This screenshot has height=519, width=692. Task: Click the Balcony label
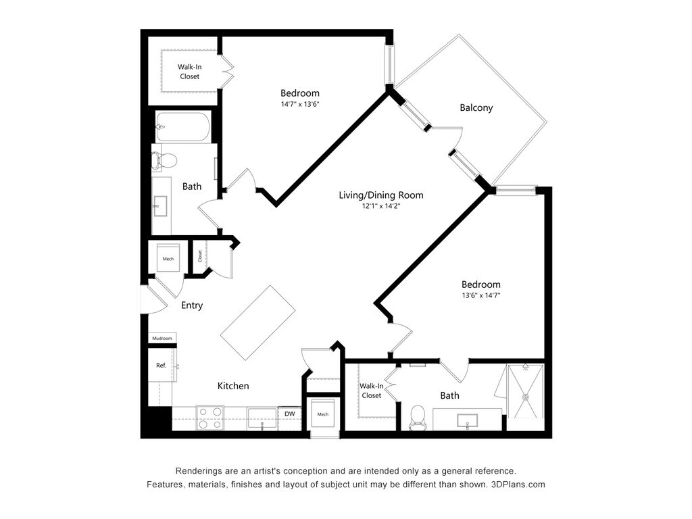pyautogui.click(x=476, y=107)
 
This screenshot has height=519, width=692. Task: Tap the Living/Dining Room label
pyautogui.click(x=381, y=195)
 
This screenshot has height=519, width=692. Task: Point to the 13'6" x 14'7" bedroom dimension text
pyautogui.click(x=481, y=295)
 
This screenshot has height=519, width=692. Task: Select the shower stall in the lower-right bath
pyautogui.click(x=524, y=391)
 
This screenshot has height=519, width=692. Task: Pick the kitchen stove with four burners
pyautogui.click(x=209, y=417)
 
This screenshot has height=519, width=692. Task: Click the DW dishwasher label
pyautogui.click(x=289, y=414)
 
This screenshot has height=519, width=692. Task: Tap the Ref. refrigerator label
pyautogui.click(x=161, y=365)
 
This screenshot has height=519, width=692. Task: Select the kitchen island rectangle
pyautogui.click(x=258, y=322)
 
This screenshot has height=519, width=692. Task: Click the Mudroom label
pyautogui.click(x=162, y=338)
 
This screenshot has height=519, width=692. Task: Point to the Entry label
pyautogui.click(x=192, y=305)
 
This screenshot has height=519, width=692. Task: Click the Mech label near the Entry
pyautogui.click(x=168, y=259)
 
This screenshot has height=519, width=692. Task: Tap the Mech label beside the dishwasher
pyautogui.click(x=322, y=414)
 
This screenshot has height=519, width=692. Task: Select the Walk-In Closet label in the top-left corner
pyautogui.click(x=190, y=72)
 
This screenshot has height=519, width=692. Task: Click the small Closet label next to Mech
pyautogui.click(x=200, y=256)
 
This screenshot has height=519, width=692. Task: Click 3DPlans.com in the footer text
pyautogui.click(x=518, y=485)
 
